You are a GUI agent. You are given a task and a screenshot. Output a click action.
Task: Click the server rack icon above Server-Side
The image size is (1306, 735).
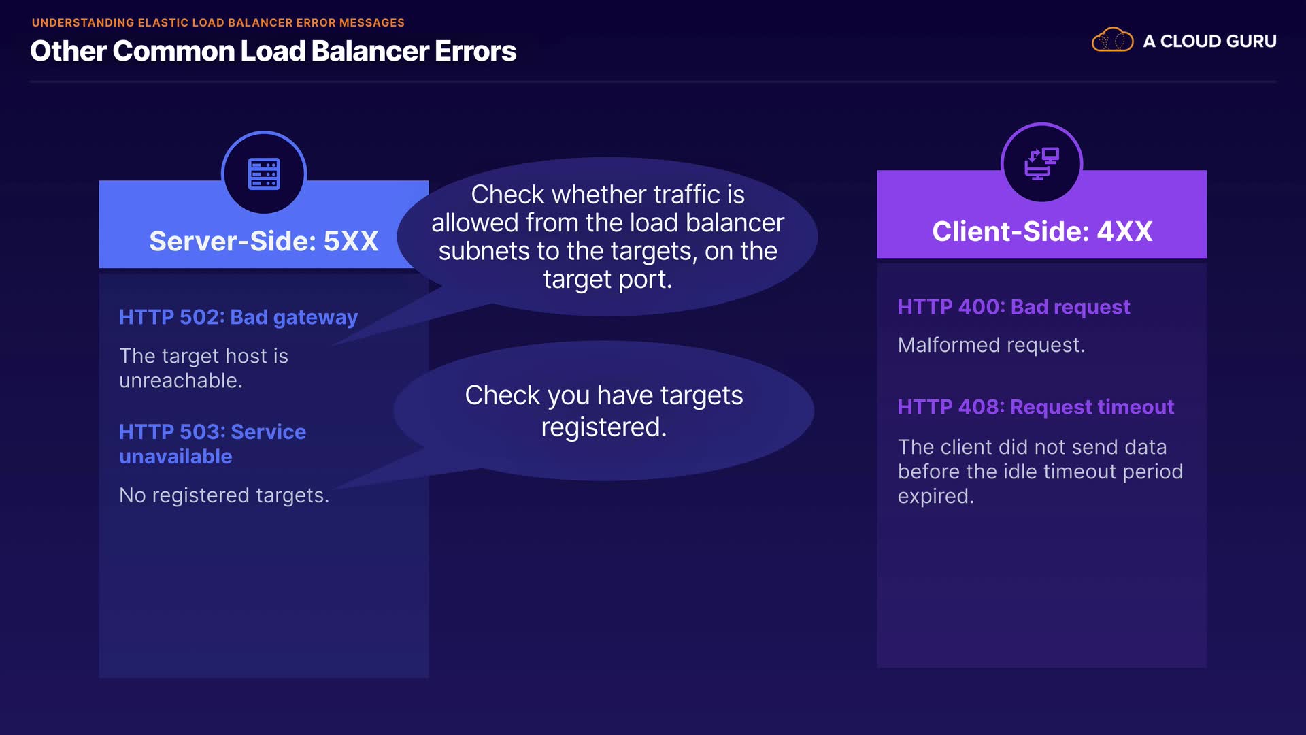pos(264,174)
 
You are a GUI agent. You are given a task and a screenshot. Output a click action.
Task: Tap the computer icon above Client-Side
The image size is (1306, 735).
pos(1041,163)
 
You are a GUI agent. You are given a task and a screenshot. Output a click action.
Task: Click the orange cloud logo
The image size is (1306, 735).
pos(1112,40)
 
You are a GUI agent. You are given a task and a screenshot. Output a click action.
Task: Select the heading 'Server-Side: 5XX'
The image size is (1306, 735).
pos(263,241)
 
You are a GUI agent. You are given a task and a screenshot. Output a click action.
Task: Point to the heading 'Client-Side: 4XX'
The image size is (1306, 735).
pos(1041,231)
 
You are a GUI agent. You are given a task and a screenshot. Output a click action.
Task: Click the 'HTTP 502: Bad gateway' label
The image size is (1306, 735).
pos(238,317)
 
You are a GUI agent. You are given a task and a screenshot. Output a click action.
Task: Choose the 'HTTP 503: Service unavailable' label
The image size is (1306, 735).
pos(212,444)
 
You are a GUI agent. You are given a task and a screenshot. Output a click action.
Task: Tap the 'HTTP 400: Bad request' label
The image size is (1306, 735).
pos(1014,307)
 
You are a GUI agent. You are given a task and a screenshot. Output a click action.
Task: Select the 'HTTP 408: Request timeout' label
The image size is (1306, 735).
pos(1035,407)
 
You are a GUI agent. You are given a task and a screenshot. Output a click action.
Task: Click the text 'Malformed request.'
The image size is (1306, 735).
pos(991,345)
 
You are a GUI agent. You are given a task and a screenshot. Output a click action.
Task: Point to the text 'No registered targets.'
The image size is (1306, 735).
pos(224,495)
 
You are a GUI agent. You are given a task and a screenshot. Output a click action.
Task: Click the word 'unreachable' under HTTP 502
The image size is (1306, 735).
pos(178,380)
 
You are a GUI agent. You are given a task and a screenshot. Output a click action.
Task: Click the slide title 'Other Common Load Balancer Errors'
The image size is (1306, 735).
pos(273,51)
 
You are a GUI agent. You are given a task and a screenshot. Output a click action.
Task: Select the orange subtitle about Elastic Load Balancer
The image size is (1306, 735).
pos(218,22)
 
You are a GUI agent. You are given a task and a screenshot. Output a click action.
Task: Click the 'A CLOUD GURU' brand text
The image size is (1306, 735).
pos(1209,41)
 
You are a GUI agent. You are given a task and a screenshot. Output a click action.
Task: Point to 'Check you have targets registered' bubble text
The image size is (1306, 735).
pos(603,411)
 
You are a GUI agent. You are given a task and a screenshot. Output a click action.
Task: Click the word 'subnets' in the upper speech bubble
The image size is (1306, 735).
pos(484,251)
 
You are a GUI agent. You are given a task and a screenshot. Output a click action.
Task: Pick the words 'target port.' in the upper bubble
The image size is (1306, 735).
pos(607,279)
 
